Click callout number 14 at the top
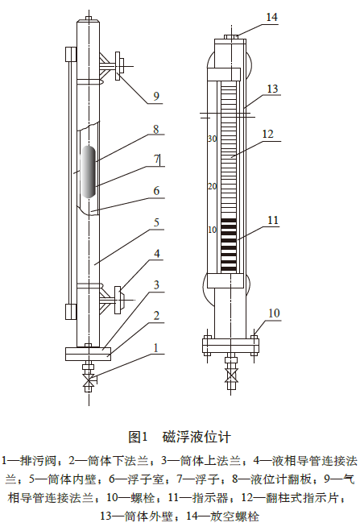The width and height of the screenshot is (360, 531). tap(271, 16)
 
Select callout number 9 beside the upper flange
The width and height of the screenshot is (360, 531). tap(156, 96)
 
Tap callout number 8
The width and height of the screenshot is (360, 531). tap(156, 127)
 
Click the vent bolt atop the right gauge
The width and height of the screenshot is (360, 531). tap(230, 36)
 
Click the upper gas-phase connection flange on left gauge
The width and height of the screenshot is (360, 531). tap(119, 66)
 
